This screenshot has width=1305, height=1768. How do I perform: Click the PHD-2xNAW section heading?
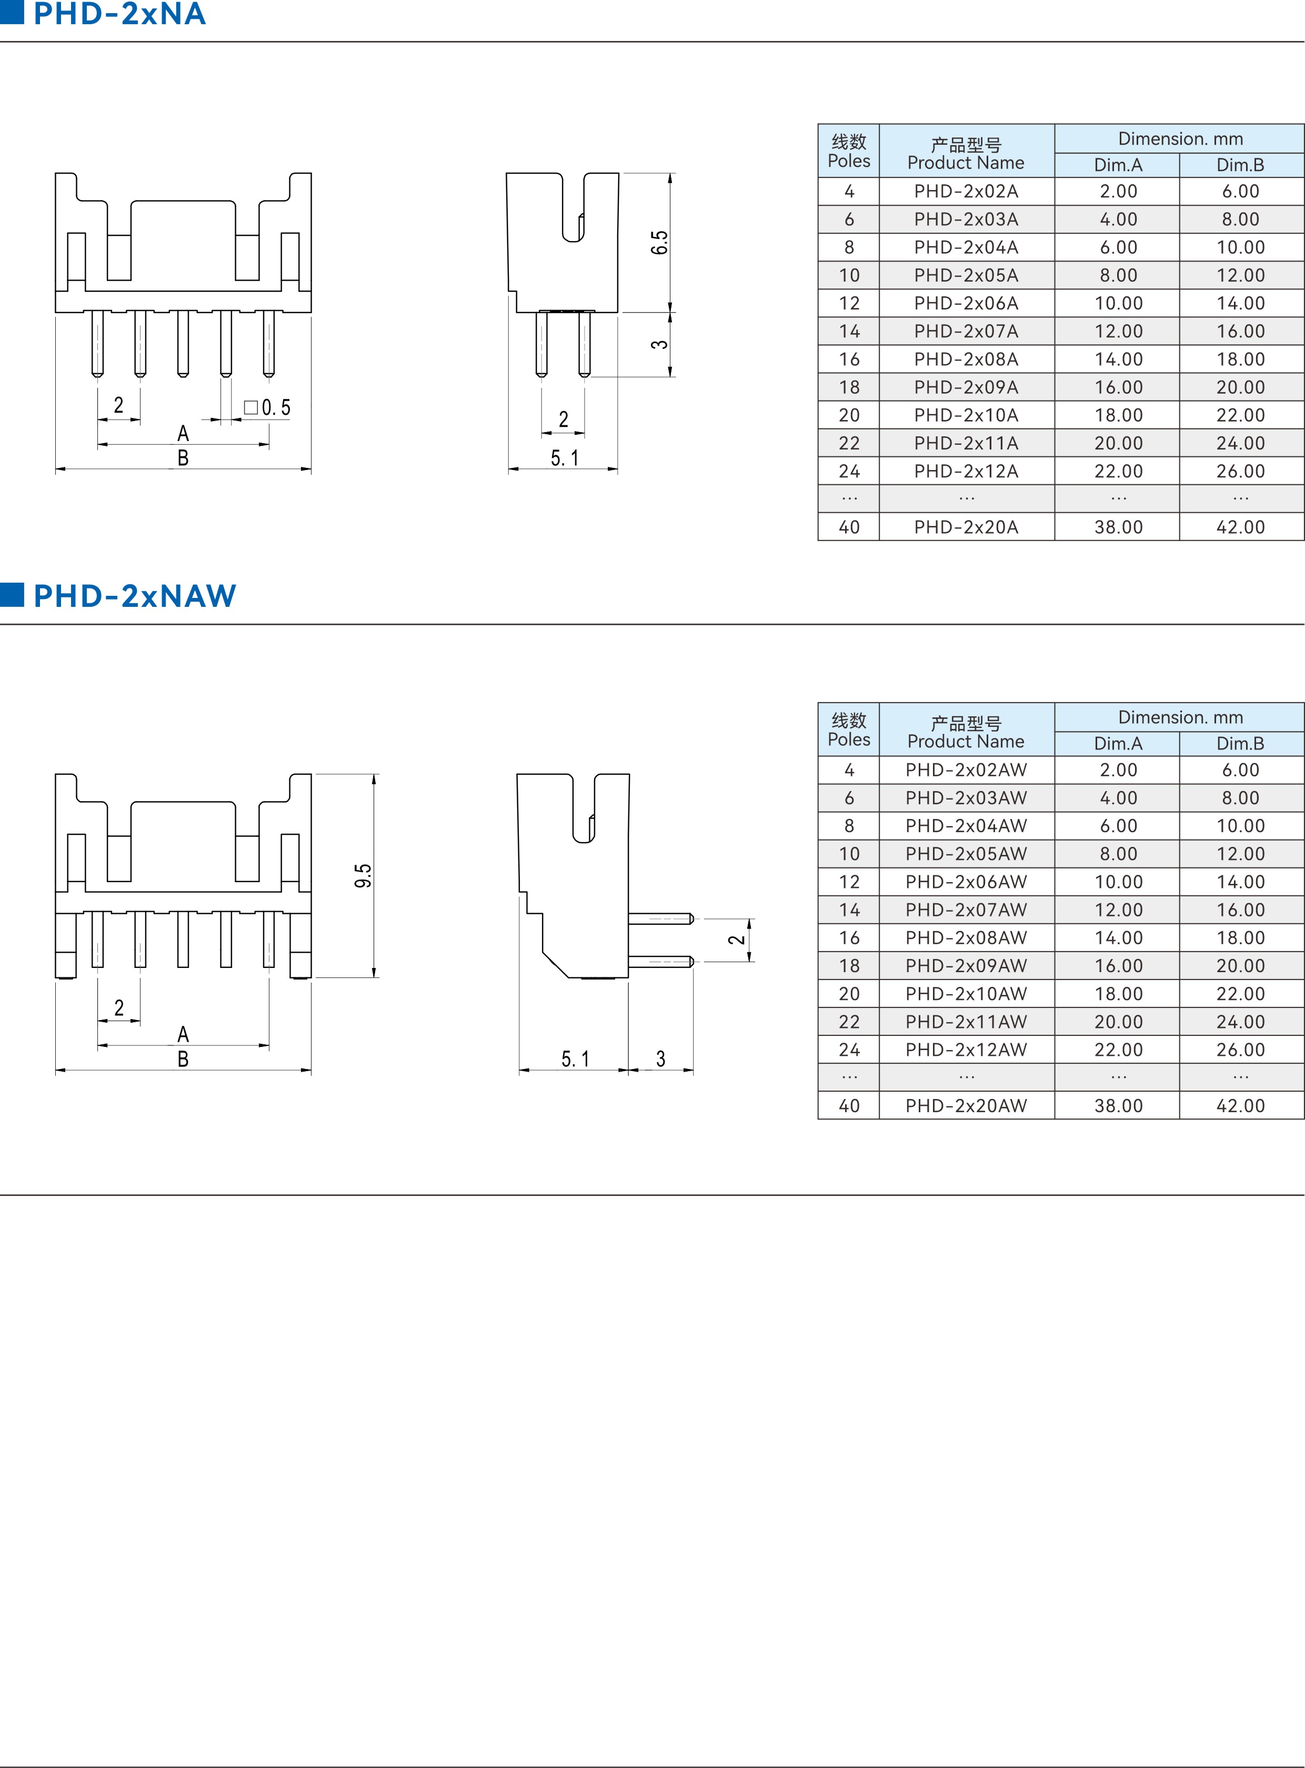pos(134,596)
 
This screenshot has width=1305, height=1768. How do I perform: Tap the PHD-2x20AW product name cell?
pos(966,1106)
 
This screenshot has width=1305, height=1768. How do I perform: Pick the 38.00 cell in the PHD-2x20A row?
pos(1118,527)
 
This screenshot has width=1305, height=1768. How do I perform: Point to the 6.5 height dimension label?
pos(659,243)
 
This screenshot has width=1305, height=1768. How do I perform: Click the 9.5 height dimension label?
pos(363,875)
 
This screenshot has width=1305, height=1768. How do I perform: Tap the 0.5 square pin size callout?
pos(268,407)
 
